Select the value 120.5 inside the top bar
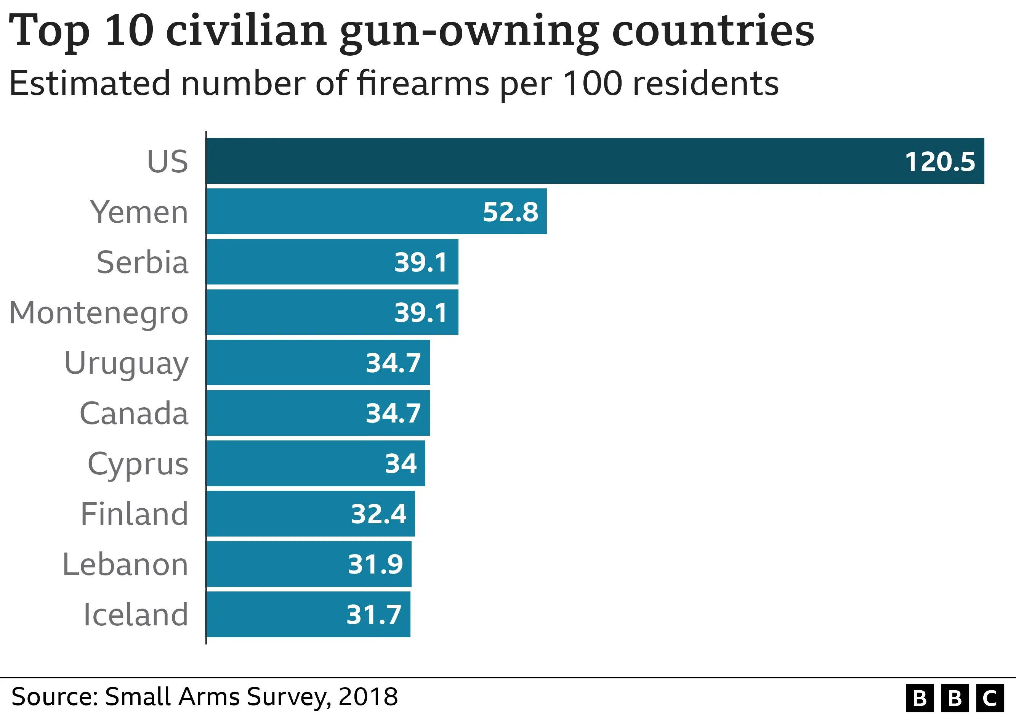pos(939,162)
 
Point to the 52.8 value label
pos(510,212)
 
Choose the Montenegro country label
pos(98,313)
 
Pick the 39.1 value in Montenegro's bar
pos(420,313)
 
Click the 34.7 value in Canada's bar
pos(393,413)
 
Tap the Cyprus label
pos(138,464)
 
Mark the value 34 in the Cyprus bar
pos(401,464)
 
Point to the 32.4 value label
pos(378,514)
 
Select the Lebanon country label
pos(125,564)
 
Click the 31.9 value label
pos(375,564)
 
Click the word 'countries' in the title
pos(712,31)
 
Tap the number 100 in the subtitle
pos(593,83)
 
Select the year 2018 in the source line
pos(368,696)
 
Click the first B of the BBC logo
pos(920,698)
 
